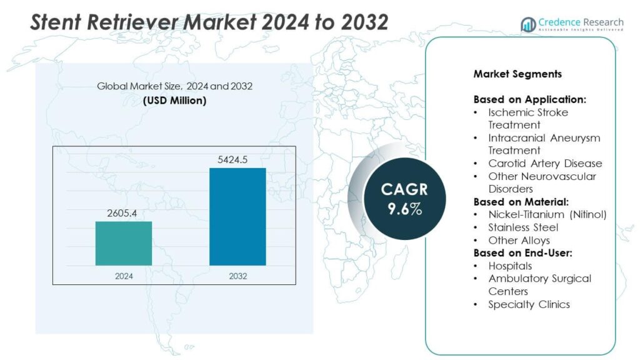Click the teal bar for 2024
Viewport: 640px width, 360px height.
click(x=123, y=243)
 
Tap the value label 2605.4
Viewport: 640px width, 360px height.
click(x=122, y=213)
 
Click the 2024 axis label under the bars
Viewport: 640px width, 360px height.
click(x=123, y=275)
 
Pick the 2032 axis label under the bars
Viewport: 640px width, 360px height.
click(x=237, y=275)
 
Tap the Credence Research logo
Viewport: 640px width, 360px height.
click(x=571, y=24)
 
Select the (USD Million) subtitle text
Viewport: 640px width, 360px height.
click(x=174, y=100)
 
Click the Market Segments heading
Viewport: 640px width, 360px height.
click(x=517, y=74)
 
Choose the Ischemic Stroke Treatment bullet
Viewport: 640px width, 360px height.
click(x=527, y=119)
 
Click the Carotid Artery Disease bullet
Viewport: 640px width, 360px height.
click(x=545, y=163)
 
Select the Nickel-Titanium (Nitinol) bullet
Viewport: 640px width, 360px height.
click(x=547, y=214)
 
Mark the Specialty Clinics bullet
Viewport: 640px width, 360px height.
click(x=529, y=304)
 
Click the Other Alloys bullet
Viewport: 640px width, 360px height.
click(x=519, y=240)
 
